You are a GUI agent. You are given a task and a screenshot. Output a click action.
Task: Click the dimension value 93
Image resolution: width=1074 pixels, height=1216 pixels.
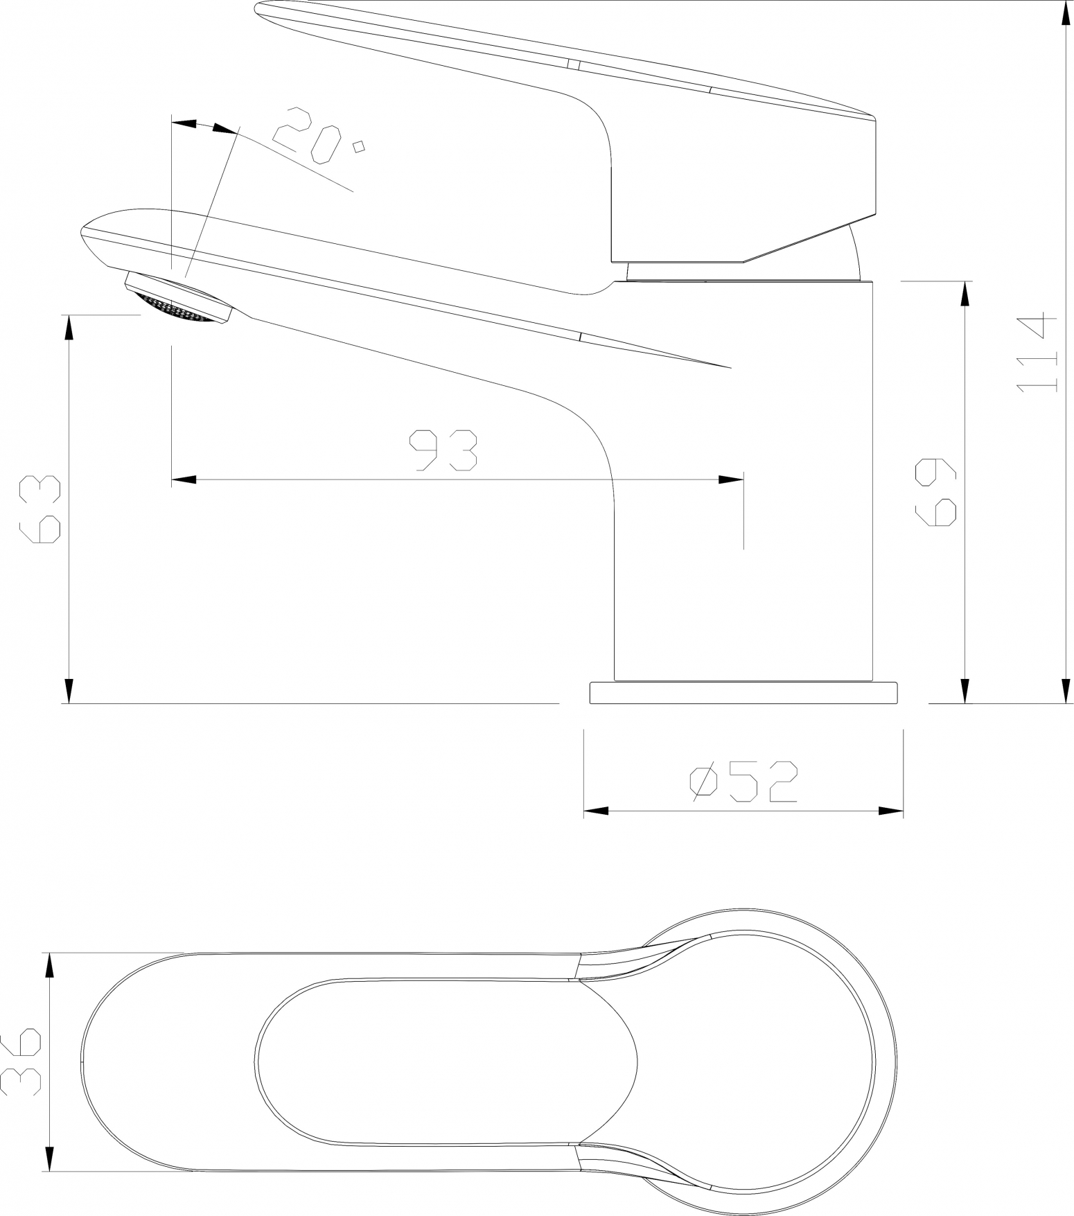[443, 451]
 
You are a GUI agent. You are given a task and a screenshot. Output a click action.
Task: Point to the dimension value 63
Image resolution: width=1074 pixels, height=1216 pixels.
[40, 509]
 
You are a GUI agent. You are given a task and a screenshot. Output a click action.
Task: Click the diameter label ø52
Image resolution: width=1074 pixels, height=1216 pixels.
[743, 782]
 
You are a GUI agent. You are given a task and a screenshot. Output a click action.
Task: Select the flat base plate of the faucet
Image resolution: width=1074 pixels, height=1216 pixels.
[743, 693]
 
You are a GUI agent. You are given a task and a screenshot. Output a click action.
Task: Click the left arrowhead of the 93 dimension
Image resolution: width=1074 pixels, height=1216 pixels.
[183, 479]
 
